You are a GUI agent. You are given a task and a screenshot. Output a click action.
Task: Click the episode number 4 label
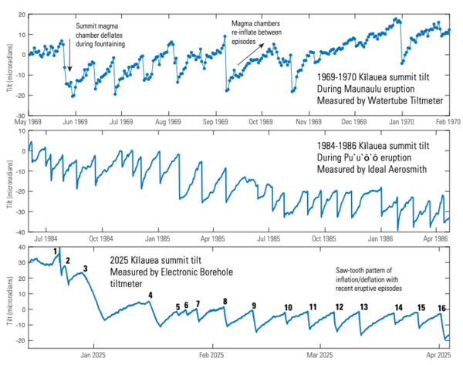tap(150, 295)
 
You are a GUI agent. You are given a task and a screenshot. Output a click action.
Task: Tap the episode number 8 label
tap(225, 301)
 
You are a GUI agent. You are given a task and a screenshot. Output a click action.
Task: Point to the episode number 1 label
tap(56, 252)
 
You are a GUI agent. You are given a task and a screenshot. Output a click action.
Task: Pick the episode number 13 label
tap(363, 307)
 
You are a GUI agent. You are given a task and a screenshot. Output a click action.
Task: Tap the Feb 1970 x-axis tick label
tap(448, 122)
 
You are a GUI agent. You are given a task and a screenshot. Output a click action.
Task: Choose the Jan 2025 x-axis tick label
tap(93, 355)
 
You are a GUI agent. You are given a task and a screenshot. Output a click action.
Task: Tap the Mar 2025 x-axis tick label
tap(319, 355)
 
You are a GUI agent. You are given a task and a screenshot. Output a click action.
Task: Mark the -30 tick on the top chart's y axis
tap(19, 116)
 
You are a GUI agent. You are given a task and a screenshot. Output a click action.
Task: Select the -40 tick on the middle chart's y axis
tap(19, 232)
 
